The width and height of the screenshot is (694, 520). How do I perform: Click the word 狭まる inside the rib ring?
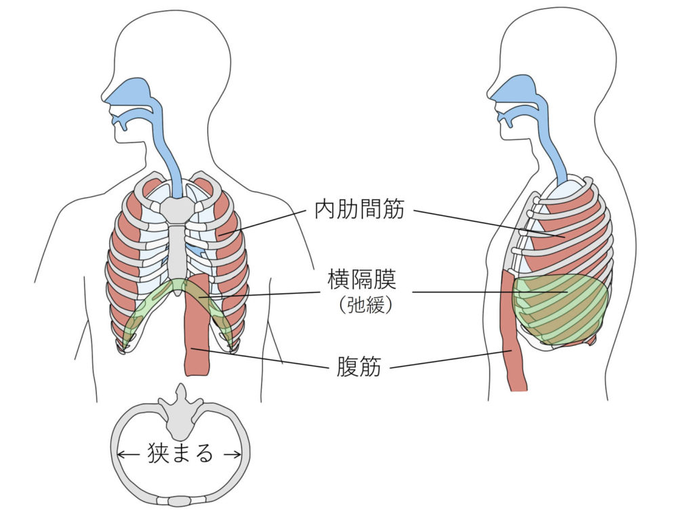[x=180, y=453]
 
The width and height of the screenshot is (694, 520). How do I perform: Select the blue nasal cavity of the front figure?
[x=133, y=92]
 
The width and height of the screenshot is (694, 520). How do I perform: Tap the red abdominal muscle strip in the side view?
[x=513, y=339]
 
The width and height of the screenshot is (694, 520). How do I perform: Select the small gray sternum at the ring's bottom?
[x=180, y=501]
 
